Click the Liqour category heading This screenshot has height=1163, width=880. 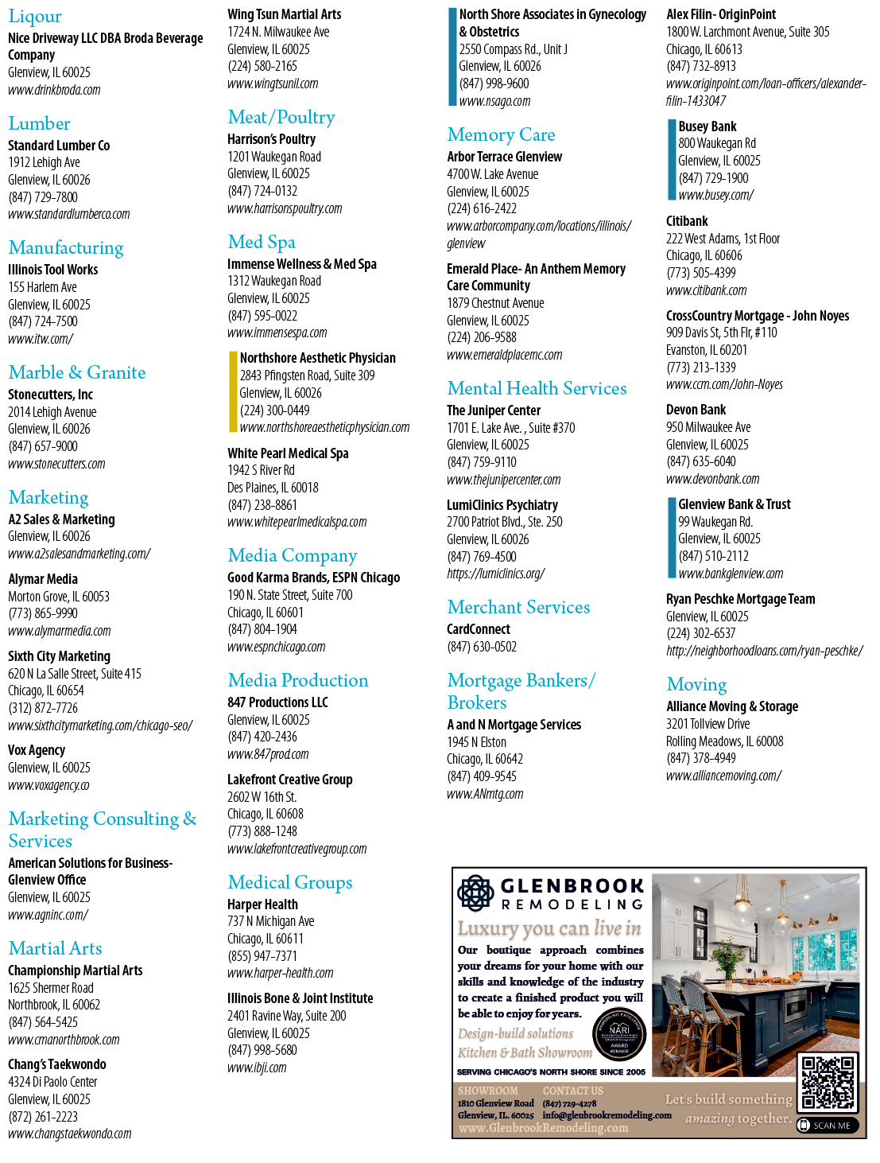[x=35, y=17]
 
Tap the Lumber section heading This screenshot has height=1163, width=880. [x=39, y=123]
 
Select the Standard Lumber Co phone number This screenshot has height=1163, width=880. [x=43, y=197]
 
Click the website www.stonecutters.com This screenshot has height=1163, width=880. [x=56, y=464]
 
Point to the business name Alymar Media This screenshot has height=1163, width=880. [x=43, y=578]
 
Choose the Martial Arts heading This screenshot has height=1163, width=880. [x=55, y=948]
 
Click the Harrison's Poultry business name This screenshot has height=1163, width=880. [x=272, y=139]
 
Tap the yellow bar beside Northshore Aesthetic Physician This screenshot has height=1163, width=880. [x=233, y=392]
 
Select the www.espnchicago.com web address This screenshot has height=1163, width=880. [x=277, y=647]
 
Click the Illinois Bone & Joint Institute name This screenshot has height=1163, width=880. [x=300, y=998]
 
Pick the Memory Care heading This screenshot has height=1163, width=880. [x=501, y=134]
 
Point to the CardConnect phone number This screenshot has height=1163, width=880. [x=482, y=647]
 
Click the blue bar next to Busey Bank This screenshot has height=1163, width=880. [x=672, y=160]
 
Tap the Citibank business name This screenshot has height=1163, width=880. [x=687, y=221]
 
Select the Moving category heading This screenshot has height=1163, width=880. [x=696, y=684]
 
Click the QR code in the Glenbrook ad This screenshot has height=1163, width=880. [x=828, y=1083]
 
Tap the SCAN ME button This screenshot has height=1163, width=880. [x=827, y=1126]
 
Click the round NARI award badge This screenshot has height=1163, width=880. [x=619, y=1033]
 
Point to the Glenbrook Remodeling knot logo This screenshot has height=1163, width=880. [x=475, y=893]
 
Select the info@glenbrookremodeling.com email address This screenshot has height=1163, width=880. [x=607, y=1115]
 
